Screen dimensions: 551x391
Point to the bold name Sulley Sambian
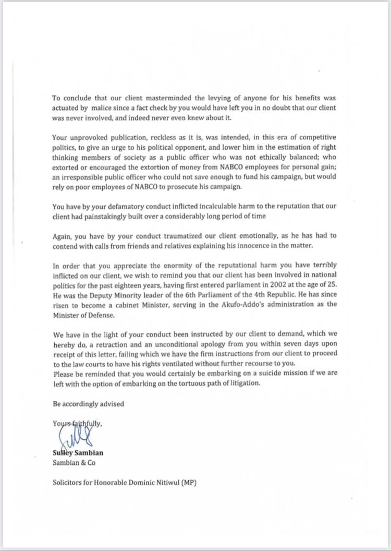(77, 453)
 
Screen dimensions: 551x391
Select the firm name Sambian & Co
(74, 463)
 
